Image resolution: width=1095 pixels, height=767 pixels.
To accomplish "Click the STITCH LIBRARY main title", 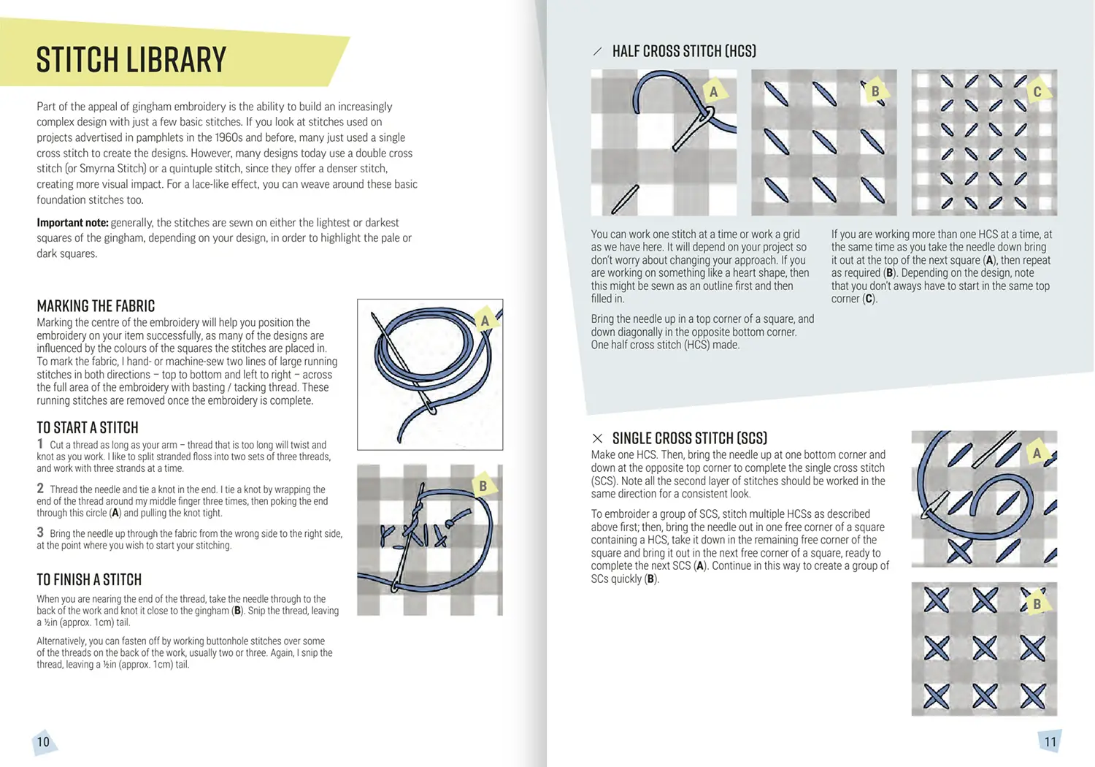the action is tap(131, 60).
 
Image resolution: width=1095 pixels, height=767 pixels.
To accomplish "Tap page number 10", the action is tap(43, 742).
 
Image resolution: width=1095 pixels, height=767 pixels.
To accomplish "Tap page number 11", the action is tap(1050, 742).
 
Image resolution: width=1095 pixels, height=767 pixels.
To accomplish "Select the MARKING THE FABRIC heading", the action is tap(96, 306).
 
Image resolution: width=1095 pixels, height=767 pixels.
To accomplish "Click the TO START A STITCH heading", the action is tap(88, 427).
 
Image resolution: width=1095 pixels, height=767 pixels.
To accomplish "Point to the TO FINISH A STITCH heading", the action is tap(89, 580).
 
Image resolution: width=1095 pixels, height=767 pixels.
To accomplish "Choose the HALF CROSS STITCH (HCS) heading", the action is tap(685, 51).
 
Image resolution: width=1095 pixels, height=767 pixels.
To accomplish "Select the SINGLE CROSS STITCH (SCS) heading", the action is tap(690, 438).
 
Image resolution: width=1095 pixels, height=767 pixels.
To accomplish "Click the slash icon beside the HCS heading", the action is tap(597, 51).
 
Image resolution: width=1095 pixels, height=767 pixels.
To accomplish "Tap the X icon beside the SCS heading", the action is tap(597, 438).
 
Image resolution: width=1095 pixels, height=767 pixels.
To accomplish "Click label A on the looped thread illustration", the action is tap(485, 321).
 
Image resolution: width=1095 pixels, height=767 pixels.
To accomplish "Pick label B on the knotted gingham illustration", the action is tap(483, 486).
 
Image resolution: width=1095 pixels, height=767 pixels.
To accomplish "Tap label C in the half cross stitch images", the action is tap(1037, 91).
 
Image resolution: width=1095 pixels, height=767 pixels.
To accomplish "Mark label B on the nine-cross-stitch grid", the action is tap(1037, 605).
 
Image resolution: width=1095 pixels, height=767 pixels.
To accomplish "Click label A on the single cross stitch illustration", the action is tap(1037, 454).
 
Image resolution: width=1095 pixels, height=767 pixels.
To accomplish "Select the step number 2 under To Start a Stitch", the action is tap(40, 488).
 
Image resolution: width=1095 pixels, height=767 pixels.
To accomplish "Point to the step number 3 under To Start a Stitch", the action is tap(40, 533).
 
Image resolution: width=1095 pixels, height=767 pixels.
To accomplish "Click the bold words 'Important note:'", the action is tap(72, 223).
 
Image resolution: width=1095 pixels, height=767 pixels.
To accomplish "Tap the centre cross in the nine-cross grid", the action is tap(985, 648).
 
